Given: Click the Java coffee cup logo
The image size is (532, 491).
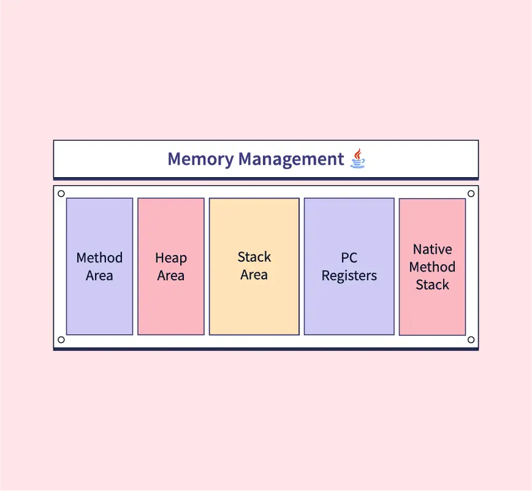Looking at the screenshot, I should (x=358, y=159).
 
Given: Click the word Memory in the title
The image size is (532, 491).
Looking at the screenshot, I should (x=200, y=159).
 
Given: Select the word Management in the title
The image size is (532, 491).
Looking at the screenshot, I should (x=291, y=159).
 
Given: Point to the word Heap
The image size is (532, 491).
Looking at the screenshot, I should (x=171, y=258).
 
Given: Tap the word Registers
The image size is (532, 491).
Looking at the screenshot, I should (x=349, y=276).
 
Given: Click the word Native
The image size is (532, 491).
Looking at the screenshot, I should (x=432, y=249).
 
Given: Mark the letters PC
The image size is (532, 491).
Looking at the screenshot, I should (x=349, y=258).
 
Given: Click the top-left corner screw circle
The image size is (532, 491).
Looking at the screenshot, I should (x=61, y=194).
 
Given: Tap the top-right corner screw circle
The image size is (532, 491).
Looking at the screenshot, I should (x=471, y=194).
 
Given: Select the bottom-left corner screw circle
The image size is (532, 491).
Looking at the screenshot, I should (x=61, y=340).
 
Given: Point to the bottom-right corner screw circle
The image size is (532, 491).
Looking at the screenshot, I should (x=471, y=340).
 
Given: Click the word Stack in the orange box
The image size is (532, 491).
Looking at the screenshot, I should (x=254, y=257).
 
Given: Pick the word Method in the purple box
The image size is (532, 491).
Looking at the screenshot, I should (x=99, y=258).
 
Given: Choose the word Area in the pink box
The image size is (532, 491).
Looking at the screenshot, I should (x=171, y=276).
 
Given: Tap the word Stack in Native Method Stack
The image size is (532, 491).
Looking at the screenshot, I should (x=432, y=285).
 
